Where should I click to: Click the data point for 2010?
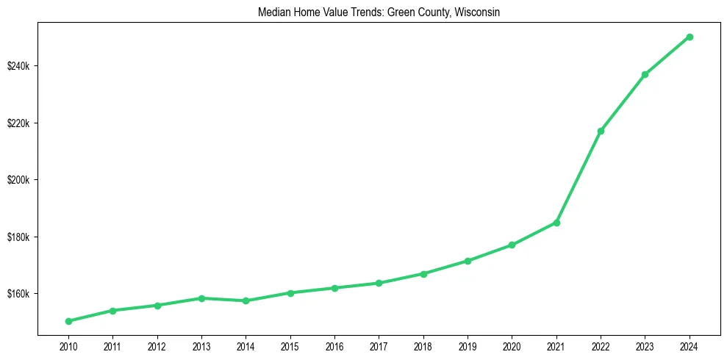(x=68, y=321)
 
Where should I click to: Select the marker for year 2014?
(x=246, y=300)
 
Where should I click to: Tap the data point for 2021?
(x=556, y=223)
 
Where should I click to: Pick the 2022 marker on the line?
(x=601, y=131)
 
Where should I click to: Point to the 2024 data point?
(x=690, y=37)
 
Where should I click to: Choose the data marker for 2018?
(x=423, y=273)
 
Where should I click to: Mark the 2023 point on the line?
(x=645, y=74)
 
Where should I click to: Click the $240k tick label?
(x=19, y=66)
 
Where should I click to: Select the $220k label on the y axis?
(x=19, y=123)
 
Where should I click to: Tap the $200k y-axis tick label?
(x=19, y=180)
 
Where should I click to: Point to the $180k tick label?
(x=19, y=237)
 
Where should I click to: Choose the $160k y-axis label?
(x=19, y=294)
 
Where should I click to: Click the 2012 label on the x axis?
(x=157, y=345)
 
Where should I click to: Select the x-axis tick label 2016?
(x=334, y=345)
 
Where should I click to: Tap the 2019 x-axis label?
(x=468, y=345)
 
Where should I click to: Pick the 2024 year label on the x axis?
(x=690, y=345)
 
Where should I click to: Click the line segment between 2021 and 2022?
(x=579, y=176)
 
